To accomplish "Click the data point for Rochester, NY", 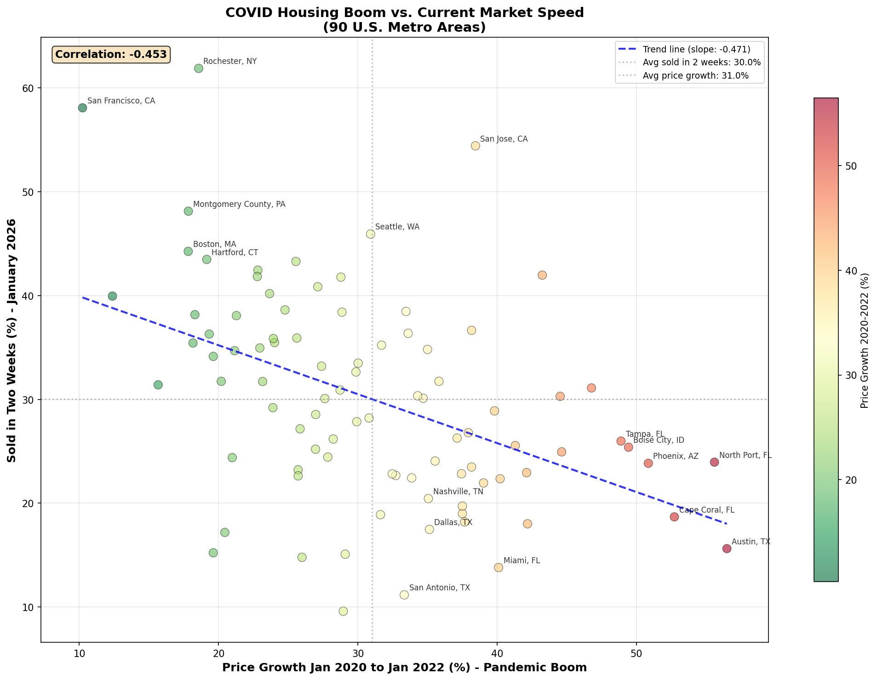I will coord(199,69).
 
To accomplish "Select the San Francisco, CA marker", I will coord(83,108).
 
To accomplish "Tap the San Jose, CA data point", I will coord(476,146).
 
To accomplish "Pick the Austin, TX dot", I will coord(727,549).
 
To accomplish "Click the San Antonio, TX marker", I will coord(404,595).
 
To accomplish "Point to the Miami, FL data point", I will coord(499,567).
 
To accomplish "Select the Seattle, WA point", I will coord(370,234).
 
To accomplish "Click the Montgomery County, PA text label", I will coord(239,204).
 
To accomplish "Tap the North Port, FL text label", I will coord(745,455).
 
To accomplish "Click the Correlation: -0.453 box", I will coord(111,54).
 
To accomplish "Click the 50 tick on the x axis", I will coord(636,653).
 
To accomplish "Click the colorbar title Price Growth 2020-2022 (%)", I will coord(865,340).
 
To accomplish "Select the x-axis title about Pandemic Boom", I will coord(404,668).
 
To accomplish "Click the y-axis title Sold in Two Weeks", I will coord(12,340).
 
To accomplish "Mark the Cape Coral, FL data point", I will coord(674,517).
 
